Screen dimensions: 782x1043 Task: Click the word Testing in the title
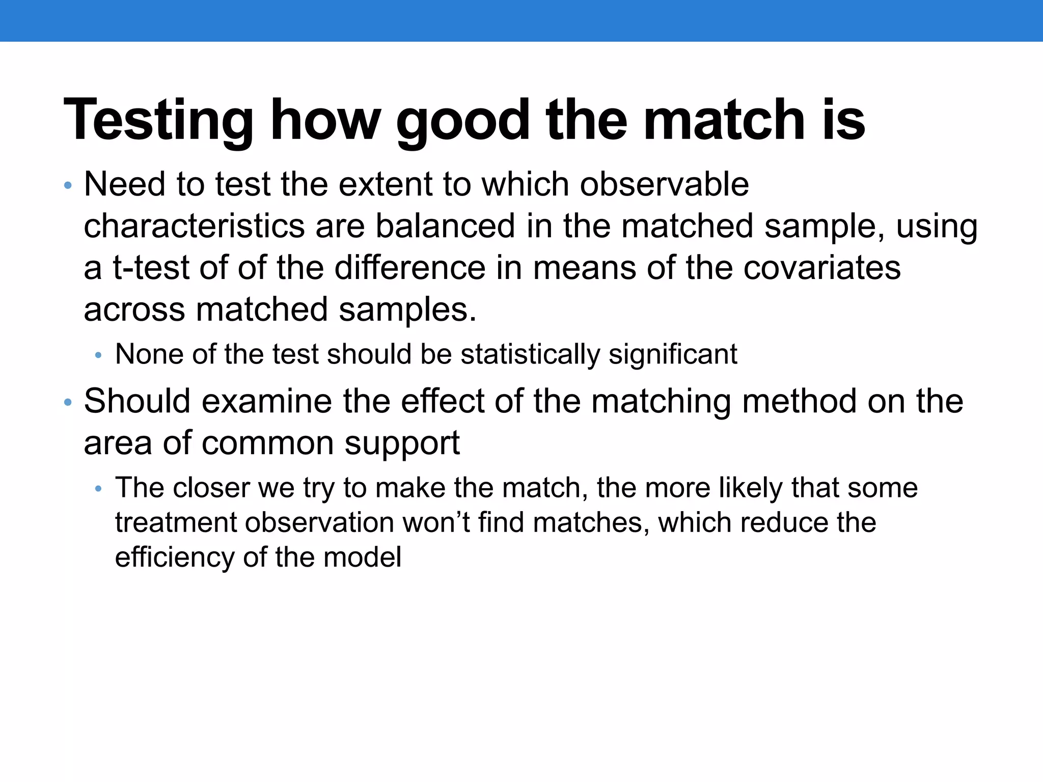point(158,120)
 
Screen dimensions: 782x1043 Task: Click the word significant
point(673,354)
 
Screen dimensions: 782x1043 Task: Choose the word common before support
point(267,442)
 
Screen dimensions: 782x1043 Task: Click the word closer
point(211,487)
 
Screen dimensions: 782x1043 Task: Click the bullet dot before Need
point(68,185)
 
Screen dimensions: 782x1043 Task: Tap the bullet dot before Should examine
point(68,403)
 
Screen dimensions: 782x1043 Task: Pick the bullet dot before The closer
point(99,489)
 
